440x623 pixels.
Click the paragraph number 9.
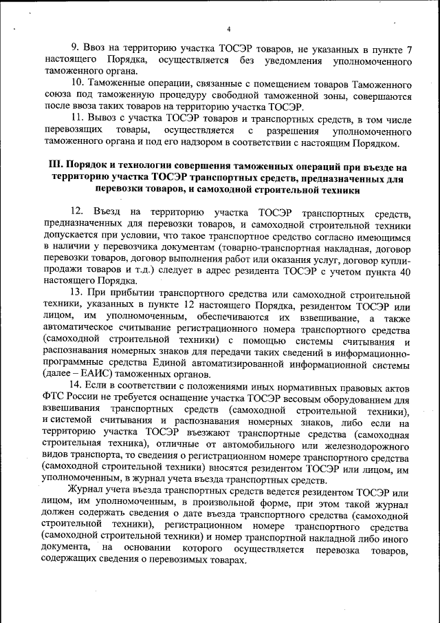[x=77, y=50]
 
